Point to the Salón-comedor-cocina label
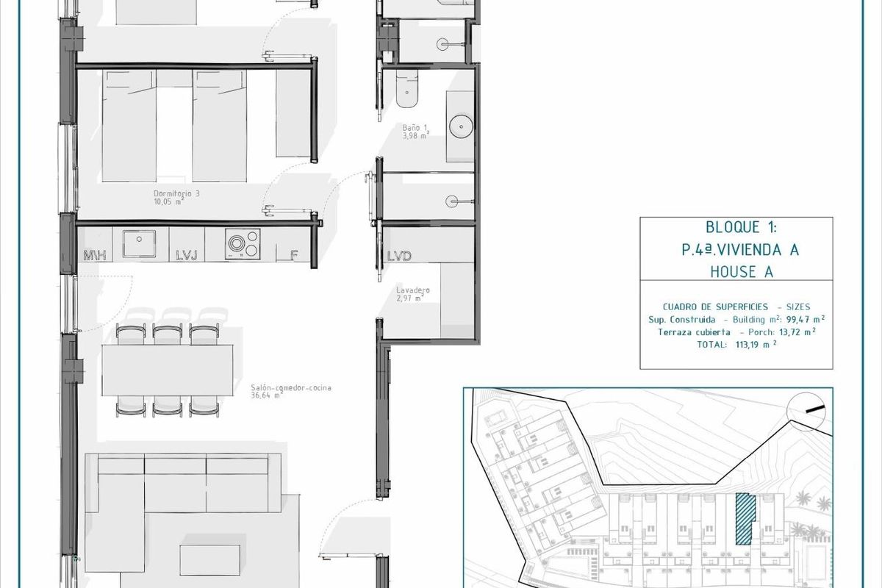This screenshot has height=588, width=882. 280,390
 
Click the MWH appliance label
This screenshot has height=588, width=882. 95,256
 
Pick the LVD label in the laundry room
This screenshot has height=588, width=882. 398,256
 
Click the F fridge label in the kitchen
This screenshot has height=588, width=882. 293,256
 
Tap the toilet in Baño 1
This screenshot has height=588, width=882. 405,89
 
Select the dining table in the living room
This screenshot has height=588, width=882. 168,369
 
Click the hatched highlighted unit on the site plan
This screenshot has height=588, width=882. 744,518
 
